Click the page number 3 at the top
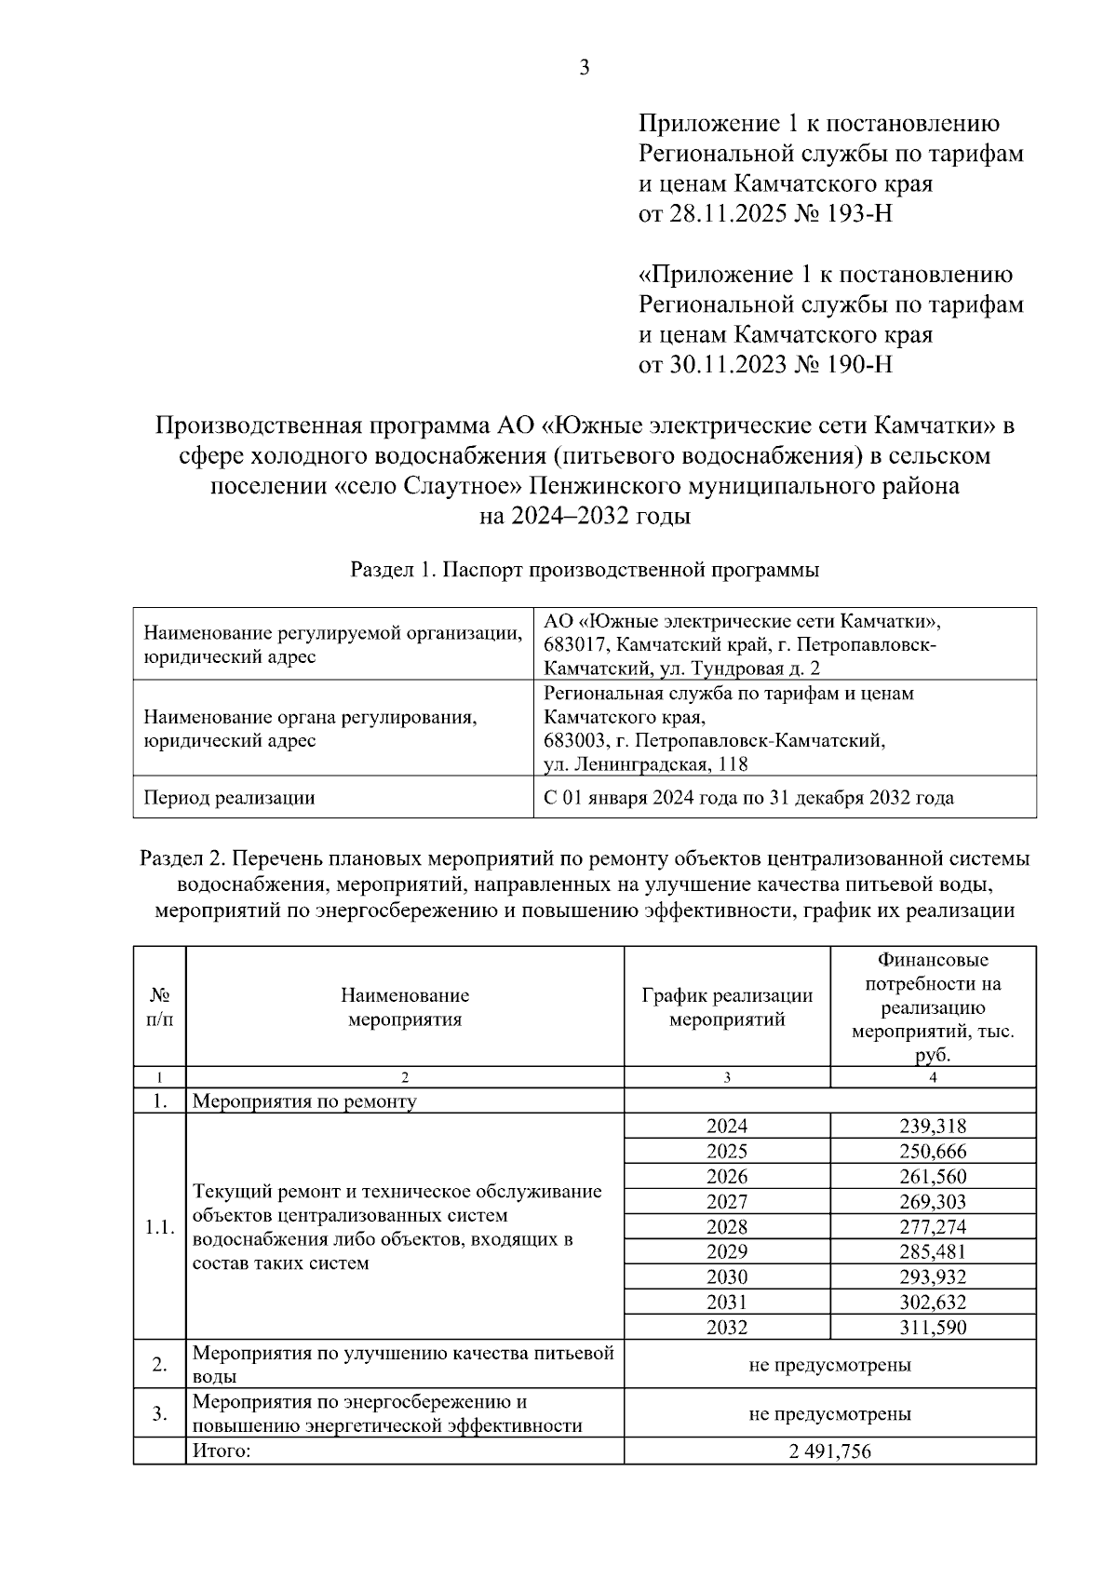click(x=585, y=67)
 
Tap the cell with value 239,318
click(x=933, y=1127)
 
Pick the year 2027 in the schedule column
click(x=727, y=1202)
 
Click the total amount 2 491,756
click(x=829, y=1452)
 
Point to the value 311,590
click(x=933, y=1328)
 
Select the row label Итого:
click(x=222, y=1452)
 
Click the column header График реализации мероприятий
click(x=727, y=1006)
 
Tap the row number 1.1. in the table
click(x=160, y=1227)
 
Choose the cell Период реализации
click(x=229, y=798)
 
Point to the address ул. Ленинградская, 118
click(x=646, y=764)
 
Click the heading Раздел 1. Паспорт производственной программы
click(x=585, y=571)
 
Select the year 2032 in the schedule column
click(x=727, y=1328)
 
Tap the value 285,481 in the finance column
click(x=933, y=1252)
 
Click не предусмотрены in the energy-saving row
click(x=829, y=1413)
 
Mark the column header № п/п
click(x=160, y=1006)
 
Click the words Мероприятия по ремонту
click(x=304, y=1101)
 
